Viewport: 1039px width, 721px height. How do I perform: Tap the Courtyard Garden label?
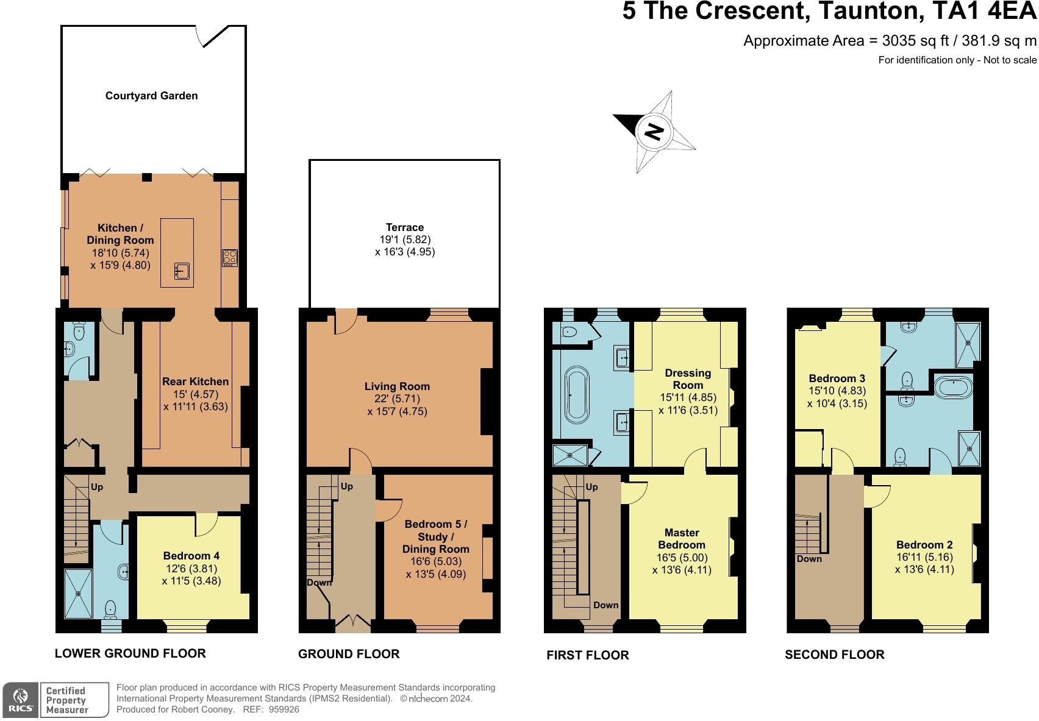point(151,96)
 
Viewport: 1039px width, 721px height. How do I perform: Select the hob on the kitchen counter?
point(230,257)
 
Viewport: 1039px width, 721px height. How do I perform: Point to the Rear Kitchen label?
point(195,382)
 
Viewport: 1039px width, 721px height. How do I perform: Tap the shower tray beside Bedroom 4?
point(78,594)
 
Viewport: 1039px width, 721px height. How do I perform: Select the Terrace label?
point(404,227)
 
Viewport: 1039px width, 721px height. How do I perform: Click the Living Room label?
point(397,386)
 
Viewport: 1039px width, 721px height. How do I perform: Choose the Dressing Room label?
point(688,379)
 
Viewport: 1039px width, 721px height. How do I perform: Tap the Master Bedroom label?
point(682,539)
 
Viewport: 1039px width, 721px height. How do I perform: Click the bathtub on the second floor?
point(954,387)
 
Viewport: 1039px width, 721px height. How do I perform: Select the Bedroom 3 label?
point(837,378)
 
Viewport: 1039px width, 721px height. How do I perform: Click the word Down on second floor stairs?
point(809,559)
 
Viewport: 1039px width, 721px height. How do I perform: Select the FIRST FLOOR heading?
point(587,655)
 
